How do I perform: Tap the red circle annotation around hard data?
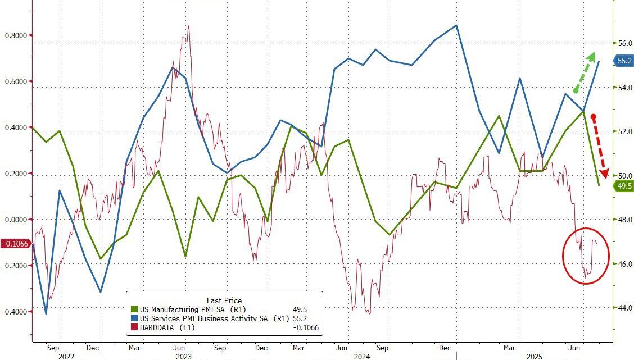coord(586,256)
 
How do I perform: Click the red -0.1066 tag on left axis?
coord(15,244)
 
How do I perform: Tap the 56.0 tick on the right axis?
coord(610,43)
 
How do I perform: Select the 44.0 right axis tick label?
coord(610,308)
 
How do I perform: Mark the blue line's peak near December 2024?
coord(456,25)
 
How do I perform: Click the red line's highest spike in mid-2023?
coord(188,26)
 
